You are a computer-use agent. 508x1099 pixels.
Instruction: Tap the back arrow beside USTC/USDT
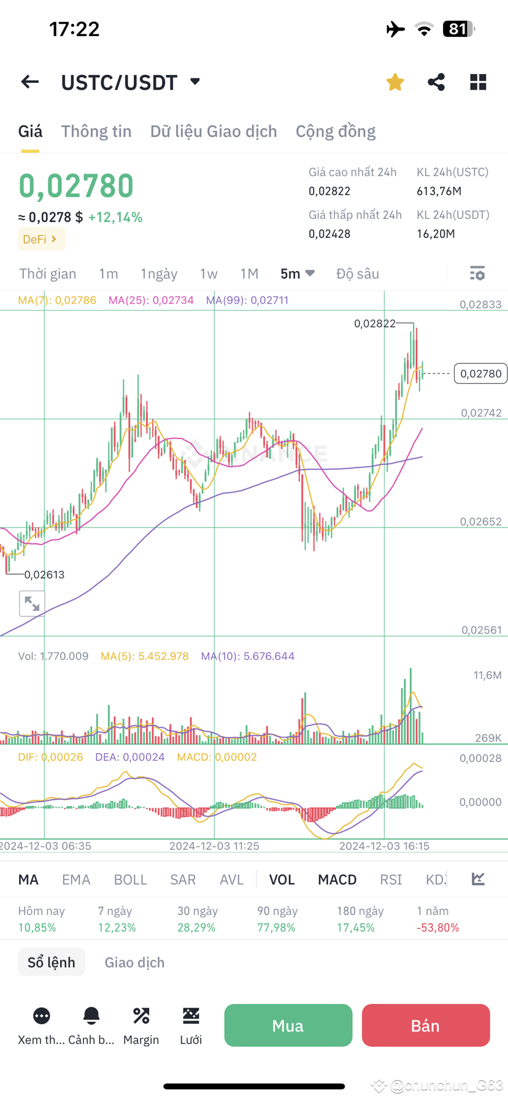click(x=29, y=82)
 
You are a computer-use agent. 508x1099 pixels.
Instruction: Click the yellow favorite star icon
click(x=395, y=82)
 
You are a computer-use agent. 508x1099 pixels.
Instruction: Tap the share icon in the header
click(x=436, y=82)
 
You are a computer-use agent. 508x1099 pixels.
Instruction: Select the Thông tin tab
click(x=96, y=131)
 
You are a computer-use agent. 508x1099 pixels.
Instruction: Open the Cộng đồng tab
click(x=336, y=131)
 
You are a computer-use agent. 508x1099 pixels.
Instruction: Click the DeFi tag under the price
click(x=41, y=239)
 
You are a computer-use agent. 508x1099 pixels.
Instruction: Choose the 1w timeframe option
click(x=209, y=274)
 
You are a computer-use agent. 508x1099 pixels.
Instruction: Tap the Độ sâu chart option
click(x=358, y=274)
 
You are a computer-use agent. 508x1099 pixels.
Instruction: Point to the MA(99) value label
click(x=247, y=300)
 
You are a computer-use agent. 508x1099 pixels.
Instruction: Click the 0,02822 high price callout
click(x=375, y=323)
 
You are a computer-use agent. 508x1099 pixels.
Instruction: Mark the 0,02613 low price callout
click(x=44, y=575)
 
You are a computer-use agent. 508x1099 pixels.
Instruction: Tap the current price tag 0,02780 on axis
click(x=480, y=373)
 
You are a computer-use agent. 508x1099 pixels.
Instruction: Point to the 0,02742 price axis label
click(x=481, y=413)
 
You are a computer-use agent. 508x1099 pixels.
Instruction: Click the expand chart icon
click(x=32, y=604)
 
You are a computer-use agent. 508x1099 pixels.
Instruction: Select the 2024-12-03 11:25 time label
click(x=214, y=846)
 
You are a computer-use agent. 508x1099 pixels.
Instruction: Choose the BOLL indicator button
click(x=130, y=879)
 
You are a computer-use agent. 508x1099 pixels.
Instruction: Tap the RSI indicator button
click(x=391, y=879)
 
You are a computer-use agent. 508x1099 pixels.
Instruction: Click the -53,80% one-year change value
click(x=437, y=927)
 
